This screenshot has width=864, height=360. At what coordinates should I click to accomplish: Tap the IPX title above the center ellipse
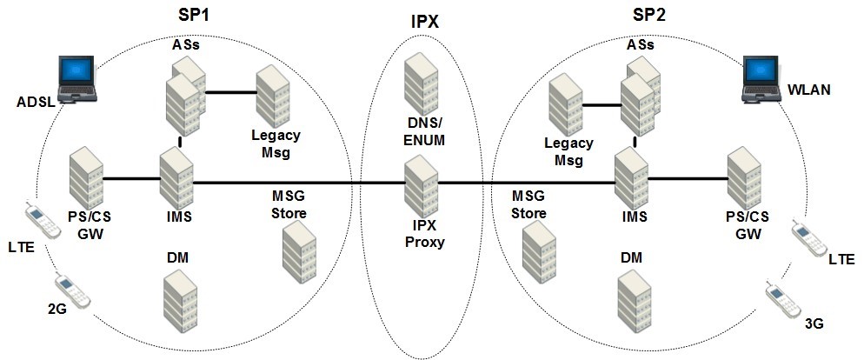point(424,22)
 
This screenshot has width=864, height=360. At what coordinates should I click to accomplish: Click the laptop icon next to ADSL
point(76,79)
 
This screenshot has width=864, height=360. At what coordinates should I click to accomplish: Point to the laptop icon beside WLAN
point(762,78)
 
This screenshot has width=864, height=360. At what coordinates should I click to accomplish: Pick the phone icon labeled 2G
point(70,290)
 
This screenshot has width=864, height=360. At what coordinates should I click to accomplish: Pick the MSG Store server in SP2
point(538,249)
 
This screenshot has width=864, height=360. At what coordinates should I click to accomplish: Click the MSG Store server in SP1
point(298,248)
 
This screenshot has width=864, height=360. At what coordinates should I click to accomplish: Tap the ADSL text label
point(36,103)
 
